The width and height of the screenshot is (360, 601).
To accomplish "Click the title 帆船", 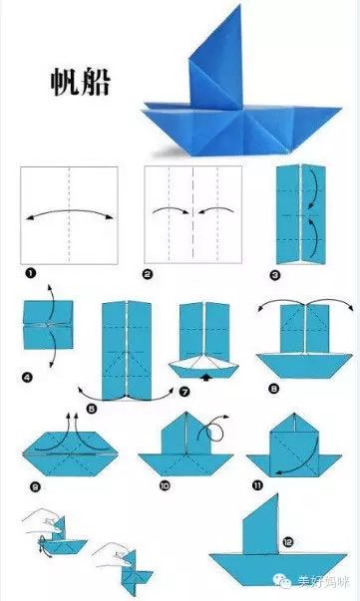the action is click(81, 82).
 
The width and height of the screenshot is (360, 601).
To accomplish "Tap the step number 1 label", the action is click(30, 273).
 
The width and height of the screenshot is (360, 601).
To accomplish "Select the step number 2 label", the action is click(148, 274).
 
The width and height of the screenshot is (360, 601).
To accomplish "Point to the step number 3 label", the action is click(275, 275).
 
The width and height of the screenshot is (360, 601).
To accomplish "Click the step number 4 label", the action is click(27, 378).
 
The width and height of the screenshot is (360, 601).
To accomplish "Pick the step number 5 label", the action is click(92, 409).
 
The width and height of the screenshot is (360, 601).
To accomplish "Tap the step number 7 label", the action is click(184, 392).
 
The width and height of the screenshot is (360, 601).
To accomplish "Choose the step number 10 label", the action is click(165, 486).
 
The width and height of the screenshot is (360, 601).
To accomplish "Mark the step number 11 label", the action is click(257, 486).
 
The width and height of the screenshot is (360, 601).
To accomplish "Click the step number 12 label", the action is click(288, 542).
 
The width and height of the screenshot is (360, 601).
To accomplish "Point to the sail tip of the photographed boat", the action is click(239, 5).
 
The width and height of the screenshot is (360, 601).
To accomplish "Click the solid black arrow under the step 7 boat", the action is click(206, 378).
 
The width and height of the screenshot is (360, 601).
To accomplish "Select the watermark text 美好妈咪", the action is click(323, 581).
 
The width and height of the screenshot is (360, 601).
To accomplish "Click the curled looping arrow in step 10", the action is click(213, 429).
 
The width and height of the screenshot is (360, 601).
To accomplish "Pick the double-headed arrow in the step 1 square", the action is click(70, 212).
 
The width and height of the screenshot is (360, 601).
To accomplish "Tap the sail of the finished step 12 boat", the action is click(261, 525).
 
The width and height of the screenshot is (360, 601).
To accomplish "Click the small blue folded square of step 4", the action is click(48, 325).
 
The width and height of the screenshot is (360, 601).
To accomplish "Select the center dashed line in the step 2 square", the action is click(192, 214).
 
